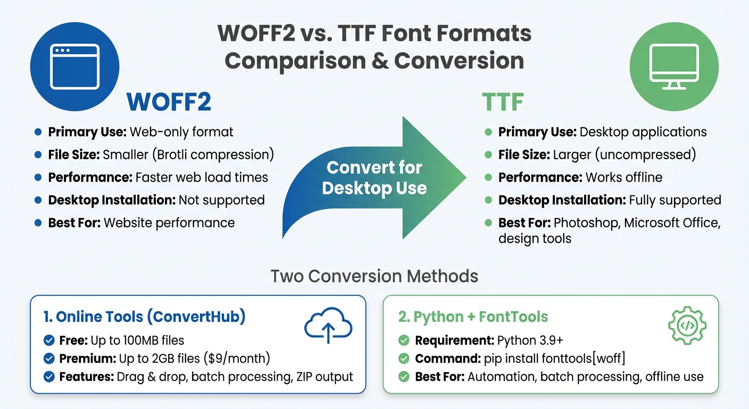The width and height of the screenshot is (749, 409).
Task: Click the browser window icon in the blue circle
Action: click(x=75, y=67)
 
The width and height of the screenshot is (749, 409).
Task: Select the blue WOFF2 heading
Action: click(x=169, y=102)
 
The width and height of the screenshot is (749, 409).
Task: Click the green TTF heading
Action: click(x=503, y=102)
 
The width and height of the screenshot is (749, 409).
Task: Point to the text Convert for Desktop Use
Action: click(x=374, y=178)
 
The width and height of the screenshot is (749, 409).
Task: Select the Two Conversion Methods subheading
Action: click(x=374, y=276)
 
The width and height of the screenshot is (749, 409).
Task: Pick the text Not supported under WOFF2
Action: click(x=221, y=200)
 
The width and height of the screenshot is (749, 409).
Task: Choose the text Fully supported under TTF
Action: click(x=675, y=200)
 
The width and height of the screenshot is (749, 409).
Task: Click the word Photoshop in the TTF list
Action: click(x=587, y=223)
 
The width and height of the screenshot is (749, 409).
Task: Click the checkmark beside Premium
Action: click(x=49, y=358)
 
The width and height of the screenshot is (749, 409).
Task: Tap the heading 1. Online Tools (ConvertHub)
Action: click(x=144, y=317)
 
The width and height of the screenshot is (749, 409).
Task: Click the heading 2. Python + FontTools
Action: click(x=473, y=317)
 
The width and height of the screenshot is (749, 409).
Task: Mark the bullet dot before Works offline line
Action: click(x=488, y=178)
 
